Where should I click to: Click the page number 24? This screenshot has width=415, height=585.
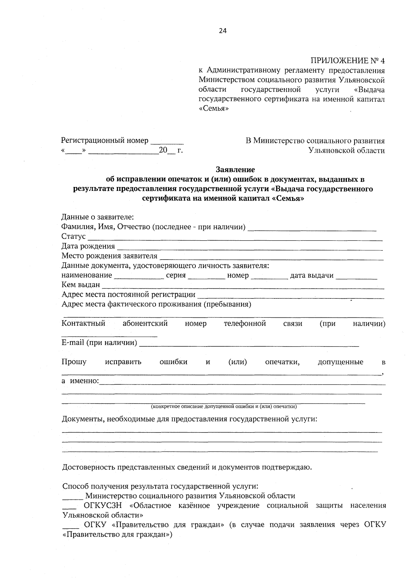pos(223,31)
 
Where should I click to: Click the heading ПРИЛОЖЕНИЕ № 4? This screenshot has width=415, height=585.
pos(348,61)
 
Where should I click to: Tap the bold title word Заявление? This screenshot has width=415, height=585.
pos(235,170)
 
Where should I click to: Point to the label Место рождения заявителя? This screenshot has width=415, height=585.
pos(109,256)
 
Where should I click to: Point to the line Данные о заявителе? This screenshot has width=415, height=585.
pos(98,217)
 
